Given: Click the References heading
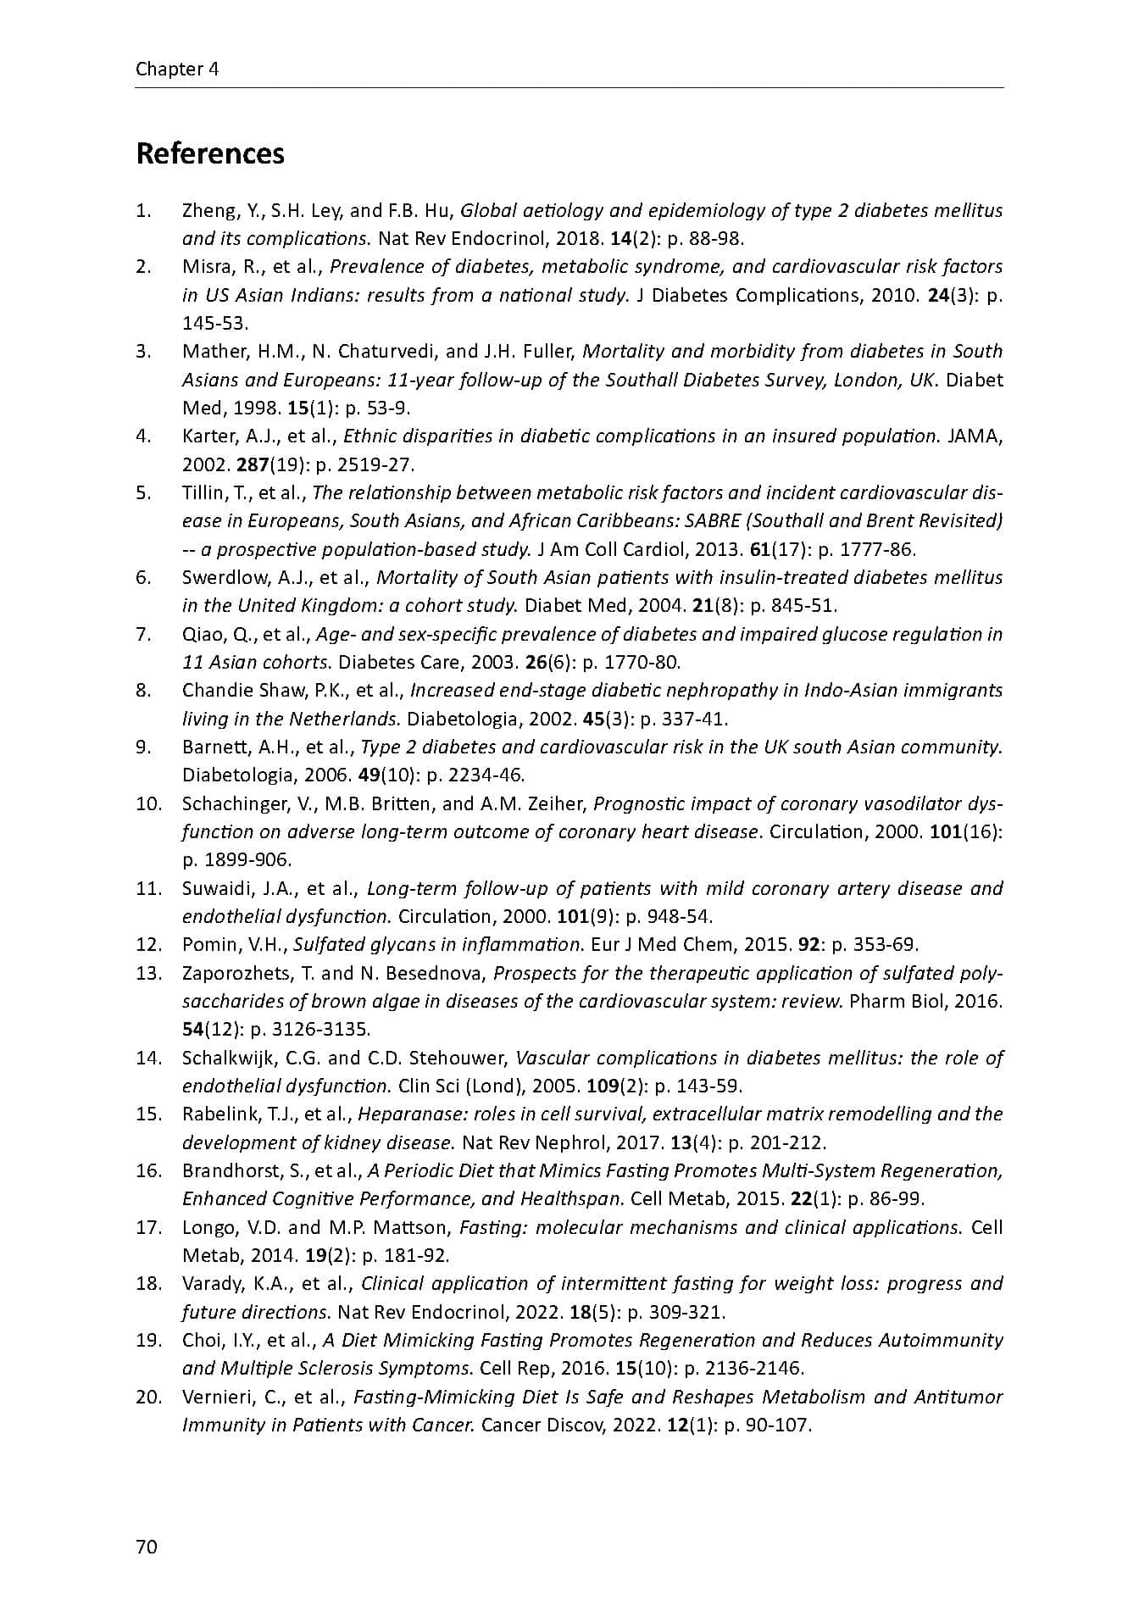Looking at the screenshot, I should pos(210,153).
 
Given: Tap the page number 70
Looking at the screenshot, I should pos(146,1547).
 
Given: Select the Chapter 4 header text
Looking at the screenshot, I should pos(177,69).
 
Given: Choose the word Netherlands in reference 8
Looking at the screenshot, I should pos(343,719).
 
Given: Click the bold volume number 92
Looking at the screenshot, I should pos(808,944).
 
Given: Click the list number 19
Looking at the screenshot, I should pos(147,1340).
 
